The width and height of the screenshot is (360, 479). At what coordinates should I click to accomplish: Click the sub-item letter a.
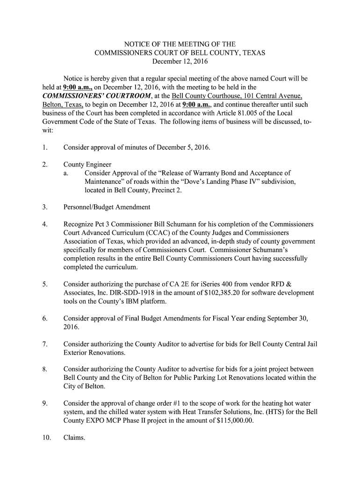pos(66,174)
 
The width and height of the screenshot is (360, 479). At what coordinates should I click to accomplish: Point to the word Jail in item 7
pos(311,344)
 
